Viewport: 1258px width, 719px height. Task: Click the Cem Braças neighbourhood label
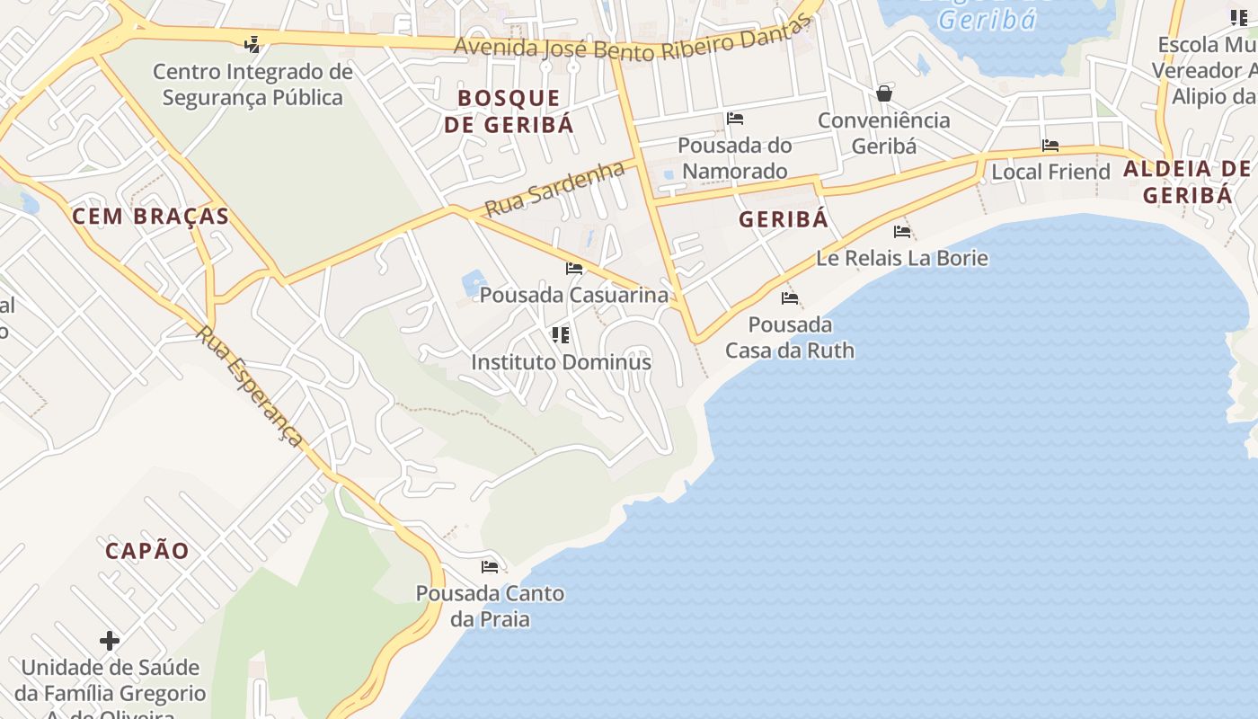150,216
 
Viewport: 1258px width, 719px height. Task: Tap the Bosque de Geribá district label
509,111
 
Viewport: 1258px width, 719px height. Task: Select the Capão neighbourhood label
147,551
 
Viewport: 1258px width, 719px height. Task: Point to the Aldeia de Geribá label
1187,182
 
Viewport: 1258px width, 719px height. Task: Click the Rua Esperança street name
249,386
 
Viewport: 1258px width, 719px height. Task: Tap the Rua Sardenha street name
554,189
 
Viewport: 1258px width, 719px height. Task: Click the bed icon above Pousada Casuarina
574,269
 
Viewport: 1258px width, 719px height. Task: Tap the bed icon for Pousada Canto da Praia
490,567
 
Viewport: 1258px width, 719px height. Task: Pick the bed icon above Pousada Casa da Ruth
790,298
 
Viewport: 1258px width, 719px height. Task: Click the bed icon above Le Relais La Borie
902,232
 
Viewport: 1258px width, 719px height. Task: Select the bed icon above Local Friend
1050,146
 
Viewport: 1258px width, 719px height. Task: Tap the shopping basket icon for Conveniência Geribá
884,93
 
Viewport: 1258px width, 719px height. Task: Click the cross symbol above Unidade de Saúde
110,641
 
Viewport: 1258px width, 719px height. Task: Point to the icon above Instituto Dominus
561,335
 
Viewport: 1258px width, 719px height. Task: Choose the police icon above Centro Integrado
252,43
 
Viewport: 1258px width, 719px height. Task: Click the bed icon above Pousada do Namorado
735,119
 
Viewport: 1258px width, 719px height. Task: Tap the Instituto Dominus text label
562,362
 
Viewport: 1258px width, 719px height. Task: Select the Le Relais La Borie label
902,259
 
